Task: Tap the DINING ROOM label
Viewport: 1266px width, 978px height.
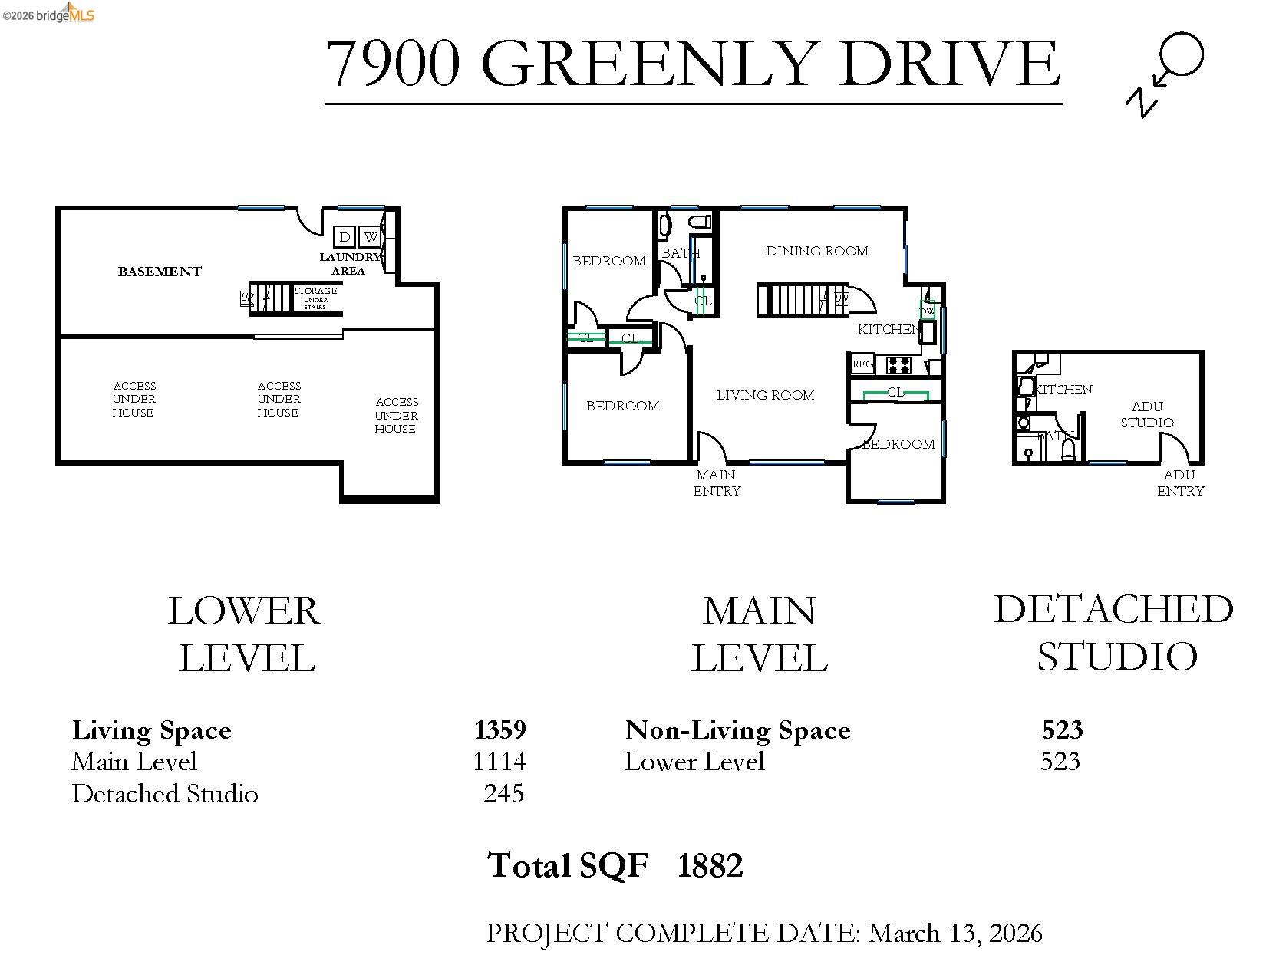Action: (816, 251)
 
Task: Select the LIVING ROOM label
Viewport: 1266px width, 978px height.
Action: (765, 395)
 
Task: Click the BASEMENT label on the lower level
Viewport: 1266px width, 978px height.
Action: (160, 272)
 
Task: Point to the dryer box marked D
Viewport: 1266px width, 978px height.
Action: (345, 237)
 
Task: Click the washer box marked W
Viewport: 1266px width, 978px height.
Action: (371, 237)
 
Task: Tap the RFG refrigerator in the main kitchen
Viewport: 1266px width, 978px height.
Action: (862, 364)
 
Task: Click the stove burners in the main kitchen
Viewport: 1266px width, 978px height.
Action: (898, 365)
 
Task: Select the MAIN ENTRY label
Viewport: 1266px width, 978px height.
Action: (717, 482)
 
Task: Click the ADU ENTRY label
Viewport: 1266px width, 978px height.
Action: (1180, 482)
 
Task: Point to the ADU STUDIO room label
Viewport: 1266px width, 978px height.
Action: (1146, 414)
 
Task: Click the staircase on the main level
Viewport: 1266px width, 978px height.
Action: (790, 299)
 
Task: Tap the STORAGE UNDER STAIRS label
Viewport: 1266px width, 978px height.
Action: (315, 298)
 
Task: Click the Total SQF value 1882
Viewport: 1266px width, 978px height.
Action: (710, 865)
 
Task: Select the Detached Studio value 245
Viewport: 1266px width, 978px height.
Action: (503, 793)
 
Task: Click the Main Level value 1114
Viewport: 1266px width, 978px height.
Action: (499, 761)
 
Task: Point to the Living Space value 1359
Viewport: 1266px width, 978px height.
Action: (499, 729)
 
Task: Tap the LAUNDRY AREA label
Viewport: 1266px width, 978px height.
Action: (349, 264)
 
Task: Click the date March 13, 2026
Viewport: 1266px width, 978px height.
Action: (954, 933)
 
